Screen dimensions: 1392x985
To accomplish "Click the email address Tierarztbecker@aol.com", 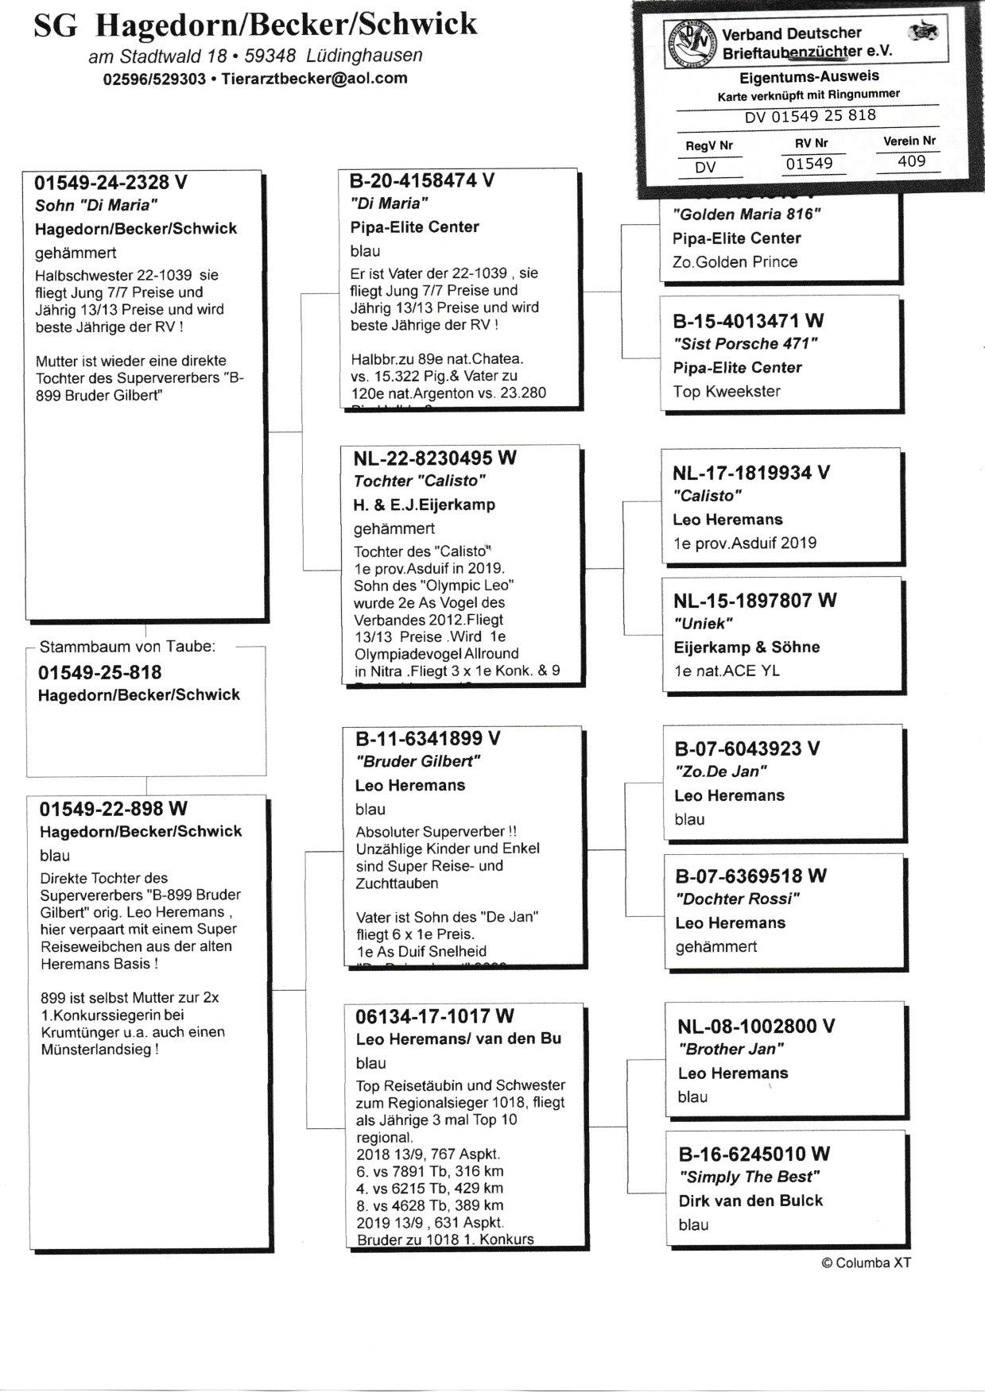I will (x=314, y=79).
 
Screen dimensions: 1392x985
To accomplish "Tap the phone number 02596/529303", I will (x=154, y=79).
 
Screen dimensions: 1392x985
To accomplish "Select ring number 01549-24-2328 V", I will (x=111, y=183).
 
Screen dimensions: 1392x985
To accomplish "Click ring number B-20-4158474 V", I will (x=422, y=181).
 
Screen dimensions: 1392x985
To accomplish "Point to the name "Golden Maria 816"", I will (x=747, y=215).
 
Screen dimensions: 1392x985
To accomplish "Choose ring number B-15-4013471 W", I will (x=748, y=321).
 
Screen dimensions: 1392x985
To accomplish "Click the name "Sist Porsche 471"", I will (x=745, y=344).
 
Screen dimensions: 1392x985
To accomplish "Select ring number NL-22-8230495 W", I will (x=435, y=458).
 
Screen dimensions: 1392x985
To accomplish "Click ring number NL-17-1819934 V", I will (x=751, y=473).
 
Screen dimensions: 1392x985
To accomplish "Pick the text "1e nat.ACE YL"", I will (x=726, y=671).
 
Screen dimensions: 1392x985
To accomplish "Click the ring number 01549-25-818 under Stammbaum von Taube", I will (x=99, y=673).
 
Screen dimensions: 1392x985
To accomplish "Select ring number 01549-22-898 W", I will (x=114, y=809).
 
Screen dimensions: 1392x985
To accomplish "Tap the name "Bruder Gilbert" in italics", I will (x=417, y=762).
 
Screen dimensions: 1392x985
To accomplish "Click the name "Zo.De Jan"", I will (x=720, y=771).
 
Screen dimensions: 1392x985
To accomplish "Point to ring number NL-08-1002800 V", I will (x=756, y=1027).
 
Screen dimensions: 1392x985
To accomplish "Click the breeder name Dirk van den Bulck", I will (x=750, y=1201).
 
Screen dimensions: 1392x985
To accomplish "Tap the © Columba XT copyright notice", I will (x=866, y=1262).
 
